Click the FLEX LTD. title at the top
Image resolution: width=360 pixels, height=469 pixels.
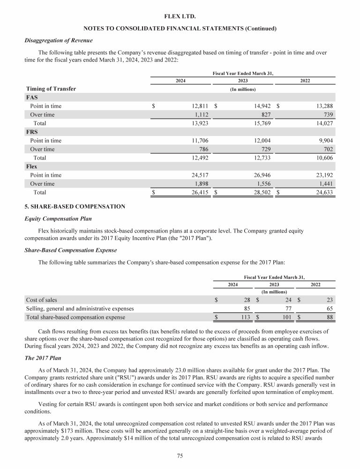(180, 16)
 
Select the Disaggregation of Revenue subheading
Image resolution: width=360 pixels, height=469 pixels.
(58, 40)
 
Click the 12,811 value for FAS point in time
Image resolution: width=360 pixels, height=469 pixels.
(197, 106)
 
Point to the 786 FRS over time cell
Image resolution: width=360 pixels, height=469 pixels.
(202, 149)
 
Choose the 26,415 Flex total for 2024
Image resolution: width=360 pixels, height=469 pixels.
(197, 192)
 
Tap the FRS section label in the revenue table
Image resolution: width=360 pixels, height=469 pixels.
(32, 132)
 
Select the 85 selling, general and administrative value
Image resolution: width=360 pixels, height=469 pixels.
(246, 309)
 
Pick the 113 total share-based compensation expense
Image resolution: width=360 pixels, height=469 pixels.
(244, 318)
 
